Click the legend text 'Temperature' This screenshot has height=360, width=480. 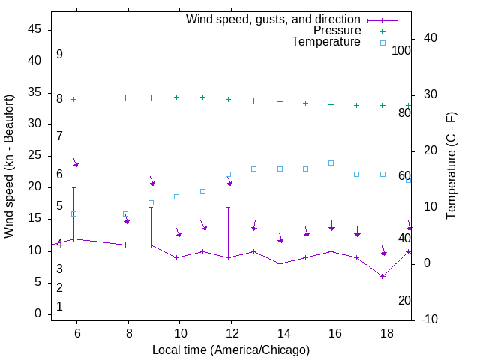point(326,42)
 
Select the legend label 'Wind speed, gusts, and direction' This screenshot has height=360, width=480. point(274,19)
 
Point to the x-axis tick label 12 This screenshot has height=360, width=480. point(231,333)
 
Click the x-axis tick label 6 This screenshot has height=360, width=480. point(76,333)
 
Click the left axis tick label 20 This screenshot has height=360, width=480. point(35,187)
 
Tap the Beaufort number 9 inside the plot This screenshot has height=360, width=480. point(59,55)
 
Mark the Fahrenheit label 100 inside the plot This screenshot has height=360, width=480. point(401,50)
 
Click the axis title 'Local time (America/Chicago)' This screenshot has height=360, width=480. point(231,349)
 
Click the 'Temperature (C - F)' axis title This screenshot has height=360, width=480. point(451,166)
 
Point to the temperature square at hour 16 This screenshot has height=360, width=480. point(331,163)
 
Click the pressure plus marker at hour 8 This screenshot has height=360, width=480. point(125,97)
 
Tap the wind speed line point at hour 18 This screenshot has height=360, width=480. point(382,276)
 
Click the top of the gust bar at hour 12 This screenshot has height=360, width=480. point(228,207)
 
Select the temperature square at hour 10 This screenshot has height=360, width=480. point(177,196)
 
